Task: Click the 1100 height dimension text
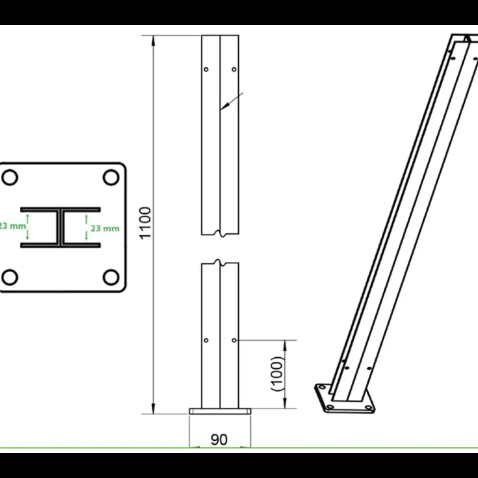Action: (145, 223)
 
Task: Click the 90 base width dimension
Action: (219, 439)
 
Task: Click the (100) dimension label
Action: (277, 374)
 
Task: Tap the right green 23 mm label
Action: (105, 228)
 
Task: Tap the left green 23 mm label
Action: (12, 226)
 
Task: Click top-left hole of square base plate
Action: (10, 177)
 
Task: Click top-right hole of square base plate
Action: (111, 177)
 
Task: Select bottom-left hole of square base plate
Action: (10, 277)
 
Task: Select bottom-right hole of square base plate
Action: (111, 277)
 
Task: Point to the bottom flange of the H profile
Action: (61, 245)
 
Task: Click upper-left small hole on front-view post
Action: (206, 69)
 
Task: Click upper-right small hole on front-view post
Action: (234, 69)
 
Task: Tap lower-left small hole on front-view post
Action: (206, 340)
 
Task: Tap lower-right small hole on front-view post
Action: (234, 340)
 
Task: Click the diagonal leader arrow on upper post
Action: (230, 102)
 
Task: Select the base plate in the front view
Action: (220, 411)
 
